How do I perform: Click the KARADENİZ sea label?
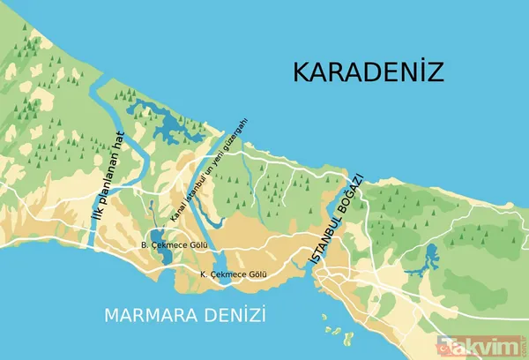(x=367, y=71)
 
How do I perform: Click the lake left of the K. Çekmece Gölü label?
(x=218, y=266)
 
